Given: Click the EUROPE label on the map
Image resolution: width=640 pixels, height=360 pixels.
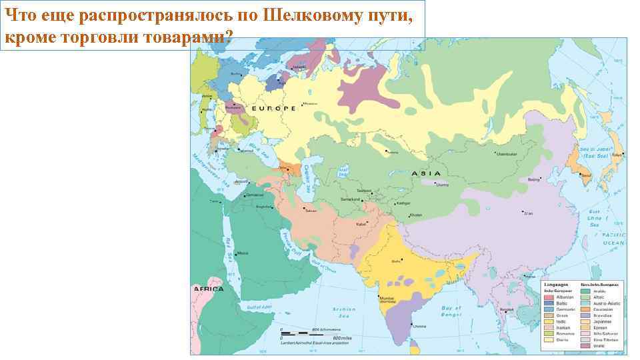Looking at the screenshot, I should click(x=273, y=108).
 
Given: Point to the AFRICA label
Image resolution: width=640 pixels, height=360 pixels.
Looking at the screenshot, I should click(x=208, y=289).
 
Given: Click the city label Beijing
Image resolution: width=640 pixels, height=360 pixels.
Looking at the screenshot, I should click(x=533, y=179).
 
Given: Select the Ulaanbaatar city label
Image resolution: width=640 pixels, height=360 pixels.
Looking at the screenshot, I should click(x=506, y=153).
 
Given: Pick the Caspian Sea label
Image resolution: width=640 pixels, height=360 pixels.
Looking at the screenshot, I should click(x=306, y=177).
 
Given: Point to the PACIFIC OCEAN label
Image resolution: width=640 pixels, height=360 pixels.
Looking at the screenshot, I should click(x=613, y=239).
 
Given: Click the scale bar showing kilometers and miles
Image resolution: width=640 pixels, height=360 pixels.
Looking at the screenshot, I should click(x=314, y=335).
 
